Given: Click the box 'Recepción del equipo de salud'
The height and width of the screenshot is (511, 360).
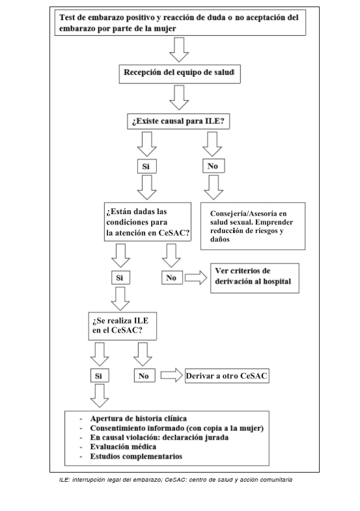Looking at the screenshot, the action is click(180, 74).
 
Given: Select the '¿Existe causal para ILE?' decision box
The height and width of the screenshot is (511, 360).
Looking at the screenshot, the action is click(178, 121).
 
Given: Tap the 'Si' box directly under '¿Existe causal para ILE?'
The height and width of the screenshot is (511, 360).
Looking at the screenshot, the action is click(146, 166).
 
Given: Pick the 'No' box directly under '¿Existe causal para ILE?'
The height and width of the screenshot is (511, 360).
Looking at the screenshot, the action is click(214, 166).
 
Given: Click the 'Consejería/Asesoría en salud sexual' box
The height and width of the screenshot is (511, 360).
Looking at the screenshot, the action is click(253, 226).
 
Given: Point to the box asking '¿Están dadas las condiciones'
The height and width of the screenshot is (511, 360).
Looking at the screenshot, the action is click(148, 222).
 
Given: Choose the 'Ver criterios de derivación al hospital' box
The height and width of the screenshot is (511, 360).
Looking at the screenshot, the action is click(255, 278).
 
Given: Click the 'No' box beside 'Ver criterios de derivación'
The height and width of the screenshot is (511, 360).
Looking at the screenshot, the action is click(172, 278).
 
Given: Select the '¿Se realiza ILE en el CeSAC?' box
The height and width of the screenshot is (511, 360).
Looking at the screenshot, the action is click(122, 326).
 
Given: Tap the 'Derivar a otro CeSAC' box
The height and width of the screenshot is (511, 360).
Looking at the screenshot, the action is click(227, 376).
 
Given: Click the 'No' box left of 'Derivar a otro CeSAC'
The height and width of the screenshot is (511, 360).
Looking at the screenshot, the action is click(145, 376).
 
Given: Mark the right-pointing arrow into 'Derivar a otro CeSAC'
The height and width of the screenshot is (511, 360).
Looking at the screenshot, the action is click(172, 376).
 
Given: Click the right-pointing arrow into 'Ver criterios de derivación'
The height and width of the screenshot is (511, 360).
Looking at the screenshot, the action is click(196, 278).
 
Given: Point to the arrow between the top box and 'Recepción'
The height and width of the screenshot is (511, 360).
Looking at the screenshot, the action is click(179, 49).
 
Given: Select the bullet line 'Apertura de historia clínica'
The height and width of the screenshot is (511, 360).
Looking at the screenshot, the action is click(139, 419).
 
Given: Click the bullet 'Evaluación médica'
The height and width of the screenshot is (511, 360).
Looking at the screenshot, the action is click(123, 447).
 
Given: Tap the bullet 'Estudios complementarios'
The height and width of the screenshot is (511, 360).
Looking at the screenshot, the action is click(136, 456).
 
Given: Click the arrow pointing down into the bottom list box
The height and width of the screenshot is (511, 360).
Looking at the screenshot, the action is click(100, 396).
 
